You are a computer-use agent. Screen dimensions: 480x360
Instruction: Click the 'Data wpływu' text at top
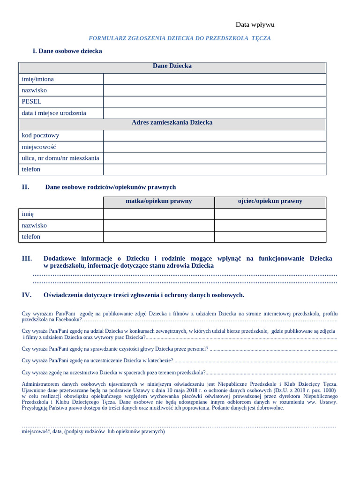(255, 25)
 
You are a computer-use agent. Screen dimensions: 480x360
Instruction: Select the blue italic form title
(180, 38)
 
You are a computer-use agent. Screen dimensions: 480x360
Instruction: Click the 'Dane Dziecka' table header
(172, 66)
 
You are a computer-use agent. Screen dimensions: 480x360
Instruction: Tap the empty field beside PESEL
(214, 102)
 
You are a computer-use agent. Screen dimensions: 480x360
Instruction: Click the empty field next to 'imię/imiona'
(214, 79)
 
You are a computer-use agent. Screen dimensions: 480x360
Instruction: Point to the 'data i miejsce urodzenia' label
(54, 113)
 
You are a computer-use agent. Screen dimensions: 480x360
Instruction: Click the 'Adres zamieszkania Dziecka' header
(172, 123)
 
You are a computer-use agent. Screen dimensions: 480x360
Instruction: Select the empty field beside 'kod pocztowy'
(214, 135)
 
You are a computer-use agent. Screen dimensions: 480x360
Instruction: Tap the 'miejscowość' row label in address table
(39, 147)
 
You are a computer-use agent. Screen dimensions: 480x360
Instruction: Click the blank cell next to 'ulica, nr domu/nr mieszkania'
(214, 158)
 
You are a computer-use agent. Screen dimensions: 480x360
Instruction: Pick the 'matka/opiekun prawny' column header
(158, 201)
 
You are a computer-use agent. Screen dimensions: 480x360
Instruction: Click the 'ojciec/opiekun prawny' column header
(270, 201)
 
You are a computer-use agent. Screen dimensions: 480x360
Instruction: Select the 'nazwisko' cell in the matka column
(158, 225)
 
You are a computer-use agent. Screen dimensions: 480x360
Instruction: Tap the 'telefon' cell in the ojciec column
(270, 237)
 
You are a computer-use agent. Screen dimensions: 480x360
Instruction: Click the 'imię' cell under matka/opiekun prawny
(158, 214)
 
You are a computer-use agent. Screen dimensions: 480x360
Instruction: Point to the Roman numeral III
(27, 258)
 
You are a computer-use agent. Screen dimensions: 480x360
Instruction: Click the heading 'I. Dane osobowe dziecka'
(67, 51)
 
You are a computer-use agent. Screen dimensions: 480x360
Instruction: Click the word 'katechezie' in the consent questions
(159, 360)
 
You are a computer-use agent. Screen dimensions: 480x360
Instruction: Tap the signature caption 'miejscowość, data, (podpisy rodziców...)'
(93, 431)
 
